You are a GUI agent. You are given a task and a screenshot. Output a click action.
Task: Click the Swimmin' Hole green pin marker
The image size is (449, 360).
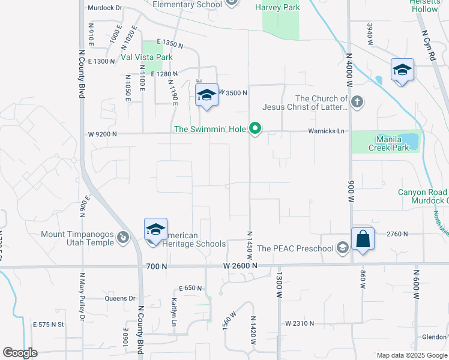tap(256, 128)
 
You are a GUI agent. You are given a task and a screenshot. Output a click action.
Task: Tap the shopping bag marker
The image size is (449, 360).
tap(363, 239)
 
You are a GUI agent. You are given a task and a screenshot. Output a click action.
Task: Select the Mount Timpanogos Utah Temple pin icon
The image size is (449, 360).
tap(123, 238)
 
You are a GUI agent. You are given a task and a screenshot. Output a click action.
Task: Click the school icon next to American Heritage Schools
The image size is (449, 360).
tap(155, 230)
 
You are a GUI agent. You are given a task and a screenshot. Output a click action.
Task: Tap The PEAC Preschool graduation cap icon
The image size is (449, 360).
tap(342, 248)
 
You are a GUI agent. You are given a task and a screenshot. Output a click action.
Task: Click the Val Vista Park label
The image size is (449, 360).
tap(146, 58)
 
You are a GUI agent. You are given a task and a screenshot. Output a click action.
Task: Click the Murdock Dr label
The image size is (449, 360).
tap(104, 8)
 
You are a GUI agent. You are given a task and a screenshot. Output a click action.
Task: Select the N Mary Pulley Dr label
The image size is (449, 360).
tap(82, 297)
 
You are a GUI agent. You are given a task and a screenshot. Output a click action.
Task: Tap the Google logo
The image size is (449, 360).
tap(20, 353)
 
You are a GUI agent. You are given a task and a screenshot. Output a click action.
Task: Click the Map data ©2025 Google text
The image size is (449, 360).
tap(411, 355)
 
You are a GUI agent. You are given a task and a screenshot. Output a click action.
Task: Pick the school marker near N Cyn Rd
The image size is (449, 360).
tap(402, 70)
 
